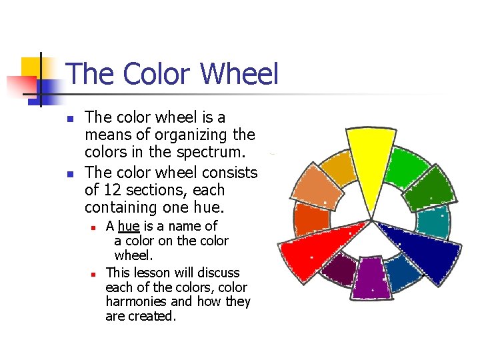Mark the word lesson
click(x=153, y=273)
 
